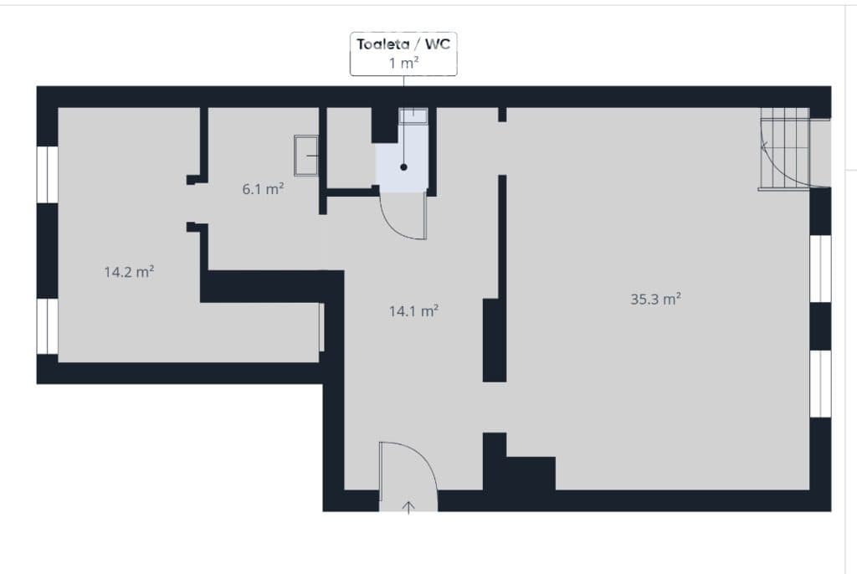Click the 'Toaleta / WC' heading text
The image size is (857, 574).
click(x=403, y=44)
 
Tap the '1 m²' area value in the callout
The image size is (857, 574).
click(x=403, y=63)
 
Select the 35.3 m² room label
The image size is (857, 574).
click(x=655, y=299)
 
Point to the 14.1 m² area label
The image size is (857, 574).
click(x=413, y=311)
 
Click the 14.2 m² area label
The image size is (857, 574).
click(x=129, y=272)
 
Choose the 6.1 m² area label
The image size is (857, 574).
click(x=263, y=189)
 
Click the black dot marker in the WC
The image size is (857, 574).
click(x=403, y=167)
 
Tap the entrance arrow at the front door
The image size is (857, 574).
click(x=408, y=507)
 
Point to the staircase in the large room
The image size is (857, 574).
click(x=785, y=149)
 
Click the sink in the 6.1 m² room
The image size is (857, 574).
click(x=306, y=156)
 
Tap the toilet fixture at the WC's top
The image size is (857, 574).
click(x=413, y=116)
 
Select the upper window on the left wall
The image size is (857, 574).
click(x=48, y=174)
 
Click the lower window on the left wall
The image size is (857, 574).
click(x=48, y=326)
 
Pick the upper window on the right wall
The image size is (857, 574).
click(x=820, y=269)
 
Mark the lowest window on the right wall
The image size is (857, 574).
click(x=820, y=384)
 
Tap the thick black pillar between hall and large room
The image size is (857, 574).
click(x=494, y=340)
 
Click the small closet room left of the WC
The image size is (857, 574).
click(x=349, y=147)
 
